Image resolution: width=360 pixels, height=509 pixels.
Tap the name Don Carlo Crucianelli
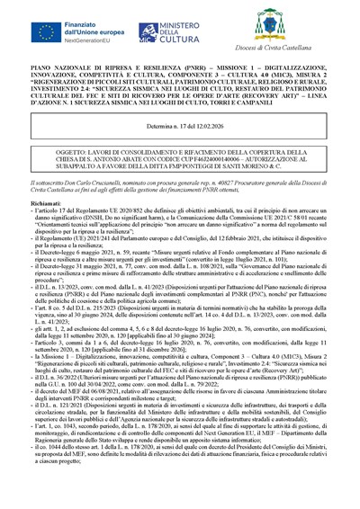[113, 180]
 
